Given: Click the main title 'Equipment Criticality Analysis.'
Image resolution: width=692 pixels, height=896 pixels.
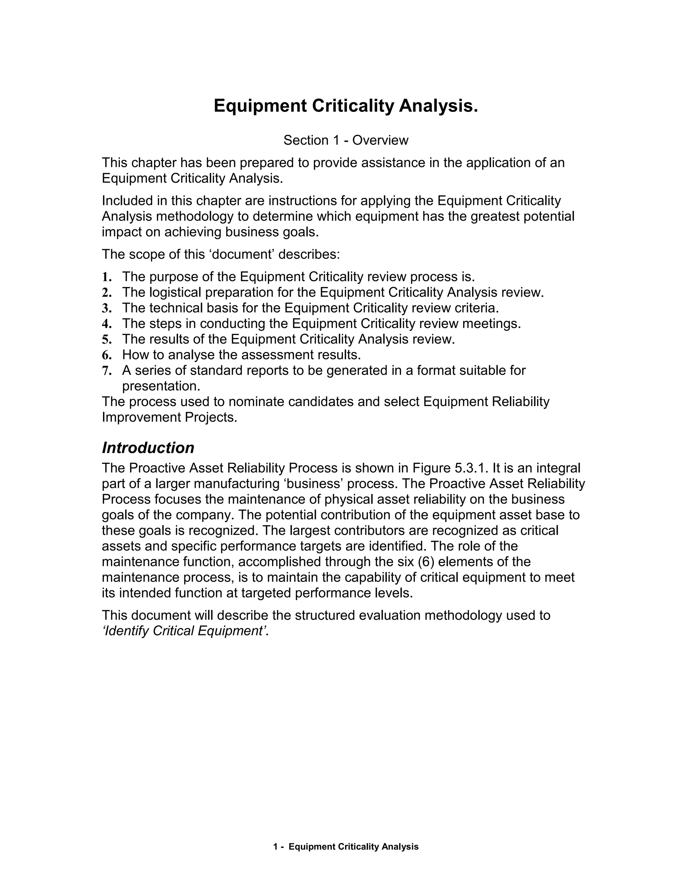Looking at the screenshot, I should tap(346, 106).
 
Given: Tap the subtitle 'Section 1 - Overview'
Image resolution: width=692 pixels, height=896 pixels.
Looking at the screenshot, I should tap(346, 140).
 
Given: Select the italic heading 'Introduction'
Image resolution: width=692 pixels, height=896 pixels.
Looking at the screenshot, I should tap(148, 448).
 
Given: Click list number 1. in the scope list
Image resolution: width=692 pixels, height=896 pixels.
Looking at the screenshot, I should tap(106, 277).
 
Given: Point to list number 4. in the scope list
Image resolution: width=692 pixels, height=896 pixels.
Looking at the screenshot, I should tap(106, 324).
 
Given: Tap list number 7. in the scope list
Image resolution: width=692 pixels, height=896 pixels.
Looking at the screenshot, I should tap(106, 371).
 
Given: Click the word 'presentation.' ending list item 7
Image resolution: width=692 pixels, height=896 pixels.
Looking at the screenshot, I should tap(161, 386).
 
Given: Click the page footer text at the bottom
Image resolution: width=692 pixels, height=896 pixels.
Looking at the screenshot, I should tap(346, 846).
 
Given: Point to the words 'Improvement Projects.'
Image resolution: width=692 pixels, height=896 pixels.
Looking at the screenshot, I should tap(169, 417).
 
